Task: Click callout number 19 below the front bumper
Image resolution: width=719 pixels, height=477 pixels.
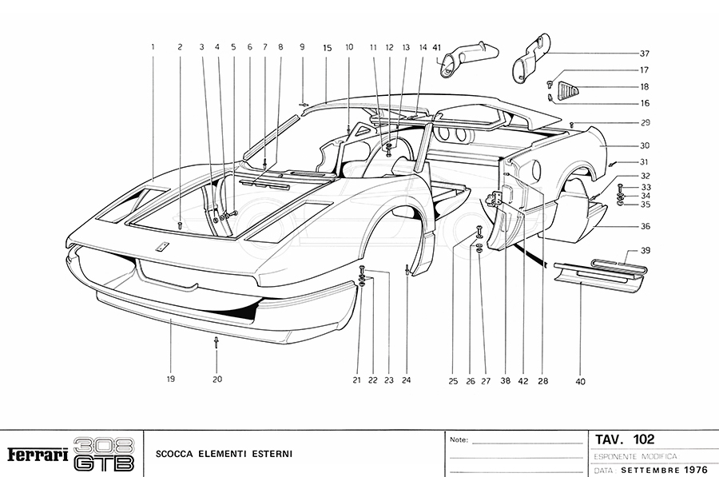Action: (170, 380)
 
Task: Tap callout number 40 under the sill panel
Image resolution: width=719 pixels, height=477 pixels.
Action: (580, 381)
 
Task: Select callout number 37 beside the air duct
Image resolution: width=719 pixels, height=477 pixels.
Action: (644, 54)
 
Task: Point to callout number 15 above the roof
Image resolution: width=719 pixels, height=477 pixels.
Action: (327, 47)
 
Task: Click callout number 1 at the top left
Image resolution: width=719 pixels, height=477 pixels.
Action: (152, 47)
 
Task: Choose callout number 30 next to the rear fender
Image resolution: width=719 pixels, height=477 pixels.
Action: (644, 146)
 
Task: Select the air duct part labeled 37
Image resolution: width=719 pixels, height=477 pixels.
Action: (529, 58)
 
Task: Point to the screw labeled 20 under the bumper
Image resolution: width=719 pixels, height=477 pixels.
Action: (216, 343)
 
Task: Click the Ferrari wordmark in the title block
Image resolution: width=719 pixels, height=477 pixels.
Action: (38, 455)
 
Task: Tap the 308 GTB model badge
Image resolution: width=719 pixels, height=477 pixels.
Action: (104, 454)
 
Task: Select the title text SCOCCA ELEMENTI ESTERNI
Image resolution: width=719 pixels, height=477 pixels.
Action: (224, 454)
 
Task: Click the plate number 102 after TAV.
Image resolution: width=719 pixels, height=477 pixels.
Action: (643, 439)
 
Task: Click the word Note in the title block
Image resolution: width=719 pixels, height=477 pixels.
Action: (459, 439)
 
